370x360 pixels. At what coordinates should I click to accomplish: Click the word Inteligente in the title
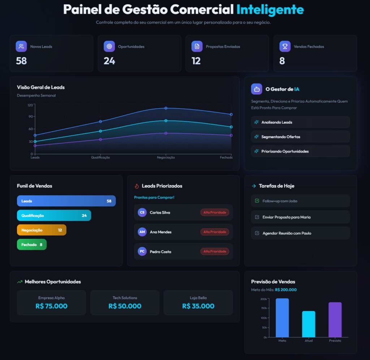270,9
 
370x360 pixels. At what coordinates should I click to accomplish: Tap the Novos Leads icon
21,46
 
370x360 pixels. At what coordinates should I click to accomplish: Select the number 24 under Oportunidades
109,61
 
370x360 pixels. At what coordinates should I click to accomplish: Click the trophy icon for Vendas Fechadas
285,46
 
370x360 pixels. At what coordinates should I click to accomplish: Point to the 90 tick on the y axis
30,116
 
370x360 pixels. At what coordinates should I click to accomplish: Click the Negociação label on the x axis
166,158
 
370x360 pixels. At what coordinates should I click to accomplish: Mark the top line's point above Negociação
166,108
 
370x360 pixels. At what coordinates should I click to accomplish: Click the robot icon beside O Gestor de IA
257,89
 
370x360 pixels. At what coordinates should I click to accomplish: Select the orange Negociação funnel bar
42,230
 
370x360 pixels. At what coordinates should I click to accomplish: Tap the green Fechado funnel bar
32,245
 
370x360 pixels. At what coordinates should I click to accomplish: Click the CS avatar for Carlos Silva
142,213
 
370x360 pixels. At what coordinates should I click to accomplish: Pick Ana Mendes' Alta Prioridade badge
215,232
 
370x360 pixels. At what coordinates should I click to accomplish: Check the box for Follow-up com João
257,201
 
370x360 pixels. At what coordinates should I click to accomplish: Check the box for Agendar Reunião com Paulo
257,233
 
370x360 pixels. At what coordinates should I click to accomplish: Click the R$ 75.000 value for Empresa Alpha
51,306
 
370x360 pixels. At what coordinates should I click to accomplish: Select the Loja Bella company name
198,298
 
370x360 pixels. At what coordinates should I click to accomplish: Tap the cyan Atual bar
309,324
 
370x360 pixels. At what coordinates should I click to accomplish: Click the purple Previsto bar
335,320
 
